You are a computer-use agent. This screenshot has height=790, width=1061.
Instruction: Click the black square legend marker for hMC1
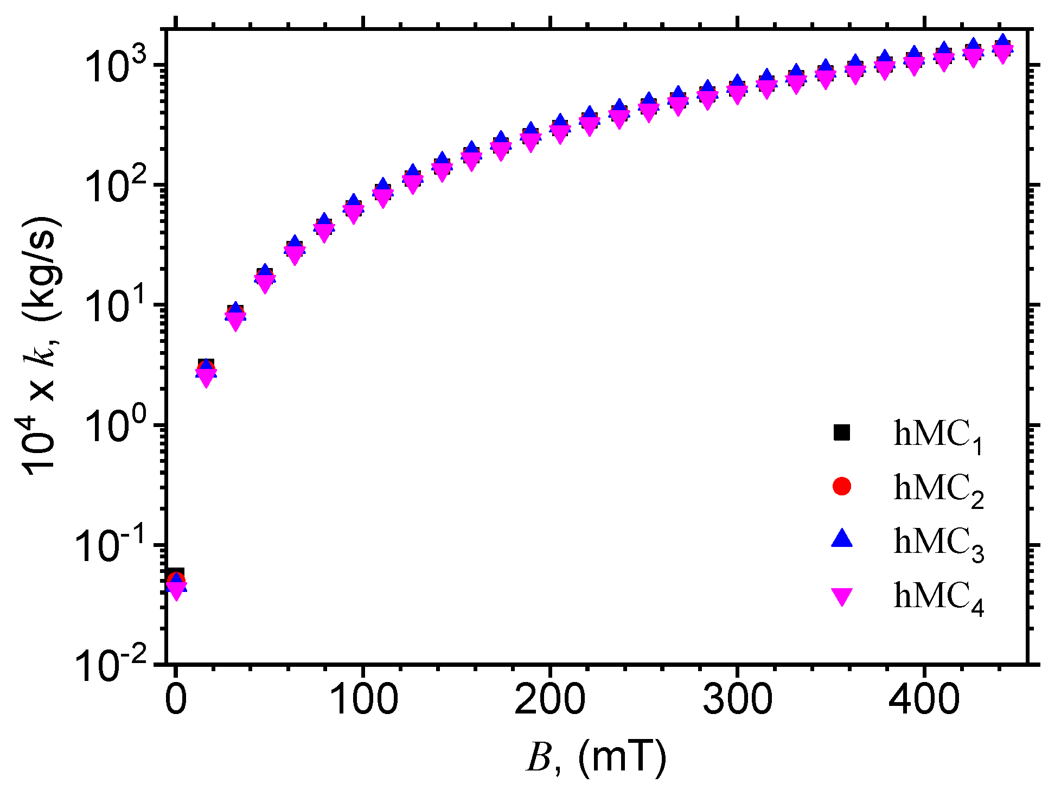pyautogui.click(x=842, y=432)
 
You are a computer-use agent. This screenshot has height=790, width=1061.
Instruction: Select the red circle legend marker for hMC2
pyautogui.click(x=842, y=486)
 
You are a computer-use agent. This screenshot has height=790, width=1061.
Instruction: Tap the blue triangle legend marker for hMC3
pyautogui.click(x=842, y=539)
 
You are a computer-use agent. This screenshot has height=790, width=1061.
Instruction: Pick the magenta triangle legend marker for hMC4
pyautogui.click(x=842, y=596)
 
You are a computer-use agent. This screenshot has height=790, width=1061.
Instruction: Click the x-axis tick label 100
pyautogui.click(x=363, y=700)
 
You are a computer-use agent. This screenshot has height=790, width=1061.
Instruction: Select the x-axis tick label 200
pyautogui.click(x=550, y=700)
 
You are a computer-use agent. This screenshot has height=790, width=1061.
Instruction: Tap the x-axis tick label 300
pyautogui.click(x=737, y=700)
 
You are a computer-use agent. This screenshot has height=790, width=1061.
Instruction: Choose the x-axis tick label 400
pyautogui.click(x=924, y=700)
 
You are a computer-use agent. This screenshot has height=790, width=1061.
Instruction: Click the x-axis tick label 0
pyautogui.click(x=176, y=700)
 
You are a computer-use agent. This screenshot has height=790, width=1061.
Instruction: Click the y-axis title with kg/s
pyautogui.click(x=41, y=347)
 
